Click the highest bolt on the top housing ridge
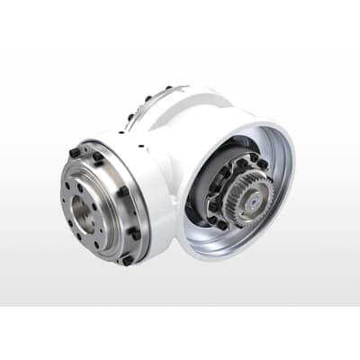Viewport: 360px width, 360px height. point(168,88)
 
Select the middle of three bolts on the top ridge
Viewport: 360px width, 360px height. point(149,100)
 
